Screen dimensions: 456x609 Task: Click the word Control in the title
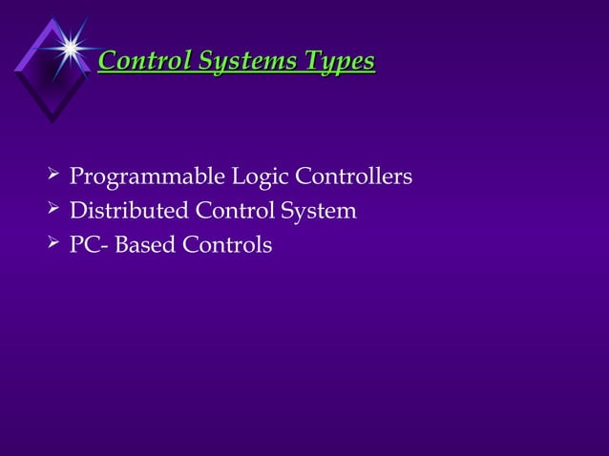[x=144, y=62]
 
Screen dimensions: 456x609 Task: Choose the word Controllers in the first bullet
[x=354, y=177]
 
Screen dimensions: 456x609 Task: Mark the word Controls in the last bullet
[x=227, y=245]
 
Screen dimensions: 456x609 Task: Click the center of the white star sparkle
[x=70, y=45]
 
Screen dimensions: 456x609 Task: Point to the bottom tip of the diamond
[x=52, y=121]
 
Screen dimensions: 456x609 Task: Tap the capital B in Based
[x=123, y=245]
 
